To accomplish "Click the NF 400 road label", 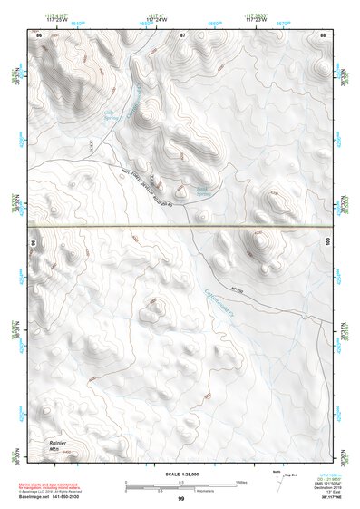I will click(238, 289).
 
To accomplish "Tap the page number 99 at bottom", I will click(181, 499).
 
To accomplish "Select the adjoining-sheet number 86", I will click(39, 34).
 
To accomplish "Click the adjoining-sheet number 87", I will click(181, 34).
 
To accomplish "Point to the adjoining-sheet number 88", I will click(323, 34).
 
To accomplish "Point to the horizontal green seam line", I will click(181, 224).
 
